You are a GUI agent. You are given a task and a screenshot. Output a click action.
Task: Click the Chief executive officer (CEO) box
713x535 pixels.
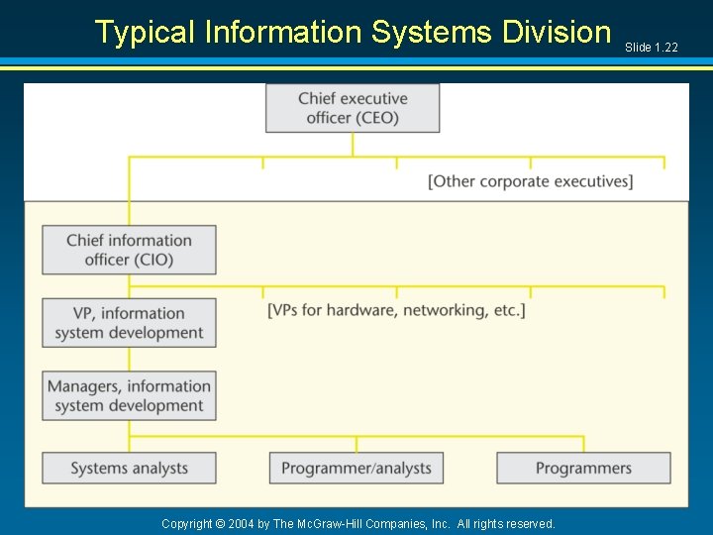(353, 108)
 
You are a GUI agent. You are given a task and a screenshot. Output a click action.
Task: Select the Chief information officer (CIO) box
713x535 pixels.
(129, 250)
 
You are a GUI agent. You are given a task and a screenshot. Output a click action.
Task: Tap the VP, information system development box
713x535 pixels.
(129, 323)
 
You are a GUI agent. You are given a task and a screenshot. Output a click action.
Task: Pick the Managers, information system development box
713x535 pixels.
(129, 395)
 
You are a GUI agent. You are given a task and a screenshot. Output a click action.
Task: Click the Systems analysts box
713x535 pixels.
(129, 468)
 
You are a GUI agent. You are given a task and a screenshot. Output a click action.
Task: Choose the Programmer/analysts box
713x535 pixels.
(356, 468)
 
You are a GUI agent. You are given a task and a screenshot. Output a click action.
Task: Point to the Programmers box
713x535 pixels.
(583, 468)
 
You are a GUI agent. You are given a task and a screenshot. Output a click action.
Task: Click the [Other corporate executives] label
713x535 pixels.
(530, 181)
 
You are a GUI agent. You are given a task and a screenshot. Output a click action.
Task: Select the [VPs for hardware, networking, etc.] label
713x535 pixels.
(396, 310)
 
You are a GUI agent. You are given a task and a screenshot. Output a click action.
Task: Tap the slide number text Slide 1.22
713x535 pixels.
(651, 48)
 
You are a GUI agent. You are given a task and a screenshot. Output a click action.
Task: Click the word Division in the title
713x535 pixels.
(557, 32)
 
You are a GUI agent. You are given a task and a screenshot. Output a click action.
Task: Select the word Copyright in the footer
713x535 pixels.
(187, 523)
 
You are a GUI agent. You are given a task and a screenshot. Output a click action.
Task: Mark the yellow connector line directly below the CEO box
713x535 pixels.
(353, 145)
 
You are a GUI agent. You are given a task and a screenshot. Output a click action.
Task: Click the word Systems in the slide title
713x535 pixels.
(432, 32)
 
